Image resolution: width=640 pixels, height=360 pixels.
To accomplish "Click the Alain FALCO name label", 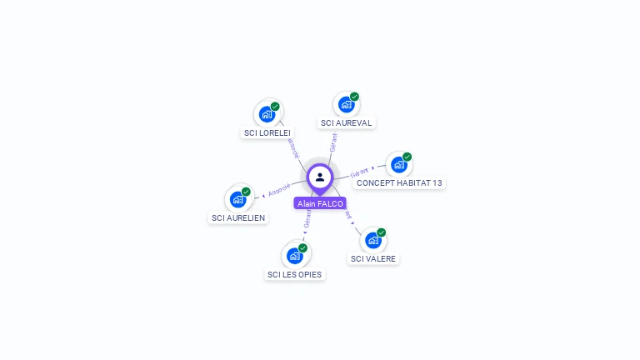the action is [x=320, y=203].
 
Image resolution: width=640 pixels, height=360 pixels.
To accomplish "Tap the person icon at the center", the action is [x=320, y=177].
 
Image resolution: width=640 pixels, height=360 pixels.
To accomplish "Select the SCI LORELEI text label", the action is [x=267, y=132].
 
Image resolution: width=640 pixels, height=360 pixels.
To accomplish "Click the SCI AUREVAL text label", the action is [x=346, y=123].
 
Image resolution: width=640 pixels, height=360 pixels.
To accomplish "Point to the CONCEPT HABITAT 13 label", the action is [x=399, y=182].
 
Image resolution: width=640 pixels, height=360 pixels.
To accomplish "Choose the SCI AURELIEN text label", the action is [x=238, y=217].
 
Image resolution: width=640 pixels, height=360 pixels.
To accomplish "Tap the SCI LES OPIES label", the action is [x=294, y=274].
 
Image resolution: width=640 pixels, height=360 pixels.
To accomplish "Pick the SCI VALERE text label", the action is [x=373, y=258].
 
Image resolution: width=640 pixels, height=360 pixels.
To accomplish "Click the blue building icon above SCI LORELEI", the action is [x=267, y=114].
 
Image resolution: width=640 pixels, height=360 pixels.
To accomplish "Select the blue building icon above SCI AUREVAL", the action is [x=346, y=105].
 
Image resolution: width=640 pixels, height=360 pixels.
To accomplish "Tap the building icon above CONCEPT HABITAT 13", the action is [x=398, y=164].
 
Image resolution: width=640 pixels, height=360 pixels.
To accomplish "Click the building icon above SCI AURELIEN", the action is [x=237, y=199].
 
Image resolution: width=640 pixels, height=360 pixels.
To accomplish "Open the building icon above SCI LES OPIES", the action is [x=294, y=256].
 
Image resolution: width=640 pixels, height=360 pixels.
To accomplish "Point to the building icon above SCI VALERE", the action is [x=372, y=240].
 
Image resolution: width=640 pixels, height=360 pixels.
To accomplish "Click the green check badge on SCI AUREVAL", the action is [x=354, y=97].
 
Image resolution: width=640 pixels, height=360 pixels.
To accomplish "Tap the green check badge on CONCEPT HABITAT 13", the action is [x=407, y=157].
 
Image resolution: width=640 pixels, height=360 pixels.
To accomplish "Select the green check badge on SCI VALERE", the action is [x=381, y=232].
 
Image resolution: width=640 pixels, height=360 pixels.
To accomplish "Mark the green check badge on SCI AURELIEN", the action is [x=246, y=192].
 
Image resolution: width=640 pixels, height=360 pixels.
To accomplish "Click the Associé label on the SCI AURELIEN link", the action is [x=279, y=190].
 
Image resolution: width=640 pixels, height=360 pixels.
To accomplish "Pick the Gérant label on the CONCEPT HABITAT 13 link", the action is [x=359, y=172].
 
